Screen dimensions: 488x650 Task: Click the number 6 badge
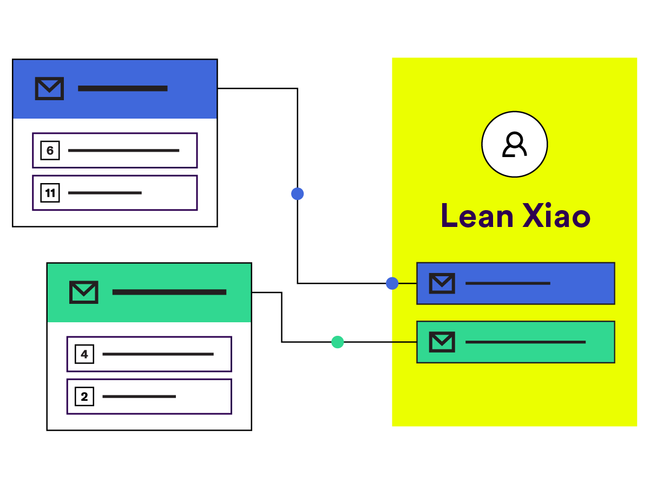tap(50, 150)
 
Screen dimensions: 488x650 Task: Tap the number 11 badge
tap(50, 192)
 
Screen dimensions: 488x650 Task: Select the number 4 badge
tap(84, 355)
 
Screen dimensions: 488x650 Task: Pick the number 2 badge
tap(84, 396)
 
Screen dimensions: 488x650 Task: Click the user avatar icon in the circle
tap(514, 144)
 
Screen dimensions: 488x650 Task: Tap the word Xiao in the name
tap(556, 216)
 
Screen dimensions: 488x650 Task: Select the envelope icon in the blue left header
tap(49, 88)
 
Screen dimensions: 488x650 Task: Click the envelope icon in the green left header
tap(83, 292)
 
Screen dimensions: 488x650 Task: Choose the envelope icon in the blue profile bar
tap(442, 283)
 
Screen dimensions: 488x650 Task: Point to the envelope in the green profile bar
tap(442, 342)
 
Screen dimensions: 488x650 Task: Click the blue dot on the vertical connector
tap(297, 193)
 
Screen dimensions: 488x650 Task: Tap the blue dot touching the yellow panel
tap(392, 283)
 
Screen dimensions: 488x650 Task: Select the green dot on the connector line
tap(337, 342)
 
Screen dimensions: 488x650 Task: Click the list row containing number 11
tap(115, 192)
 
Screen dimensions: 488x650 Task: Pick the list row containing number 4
tap(149, 354)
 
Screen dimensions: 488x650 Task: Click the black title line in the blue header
tap(122, 88)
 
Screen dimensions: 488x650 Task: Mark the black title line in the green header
tap(169, 292)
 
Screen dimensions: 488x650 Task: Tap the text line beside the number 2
tap(139, 396)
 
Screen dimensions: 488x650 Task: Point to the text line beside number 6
tap(123, 150)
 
